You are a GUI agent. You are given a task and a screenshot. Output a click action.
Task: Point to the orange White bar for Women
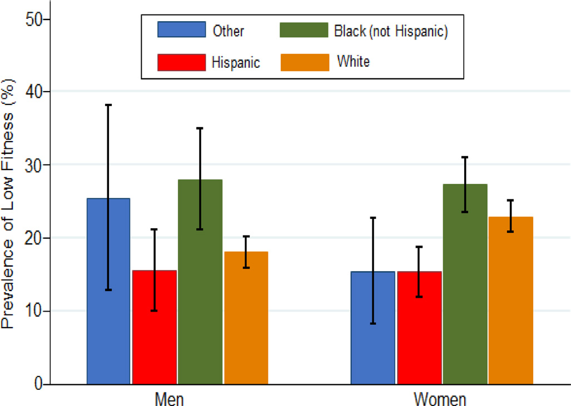[x=511, y=300]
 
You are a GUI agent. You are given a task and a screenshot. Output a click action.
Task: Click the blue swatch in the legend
[x=181, y=30]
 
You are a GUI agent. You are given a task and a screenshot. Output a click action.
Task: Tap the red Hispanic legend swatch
[x=181, y=62]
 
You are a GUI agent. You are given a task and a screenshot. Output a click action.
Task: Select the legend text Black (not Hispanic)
[x=391, y=31]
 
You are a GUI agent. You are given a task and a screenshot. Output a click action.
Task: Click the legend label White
[x=353, y=61]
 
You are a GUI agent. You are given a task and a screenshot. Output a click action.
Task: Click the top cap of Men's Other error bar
[x=108, y=104]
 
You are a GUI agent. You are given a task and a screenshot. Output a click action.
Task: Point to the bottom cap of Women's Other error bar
[x=373, y=323]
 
